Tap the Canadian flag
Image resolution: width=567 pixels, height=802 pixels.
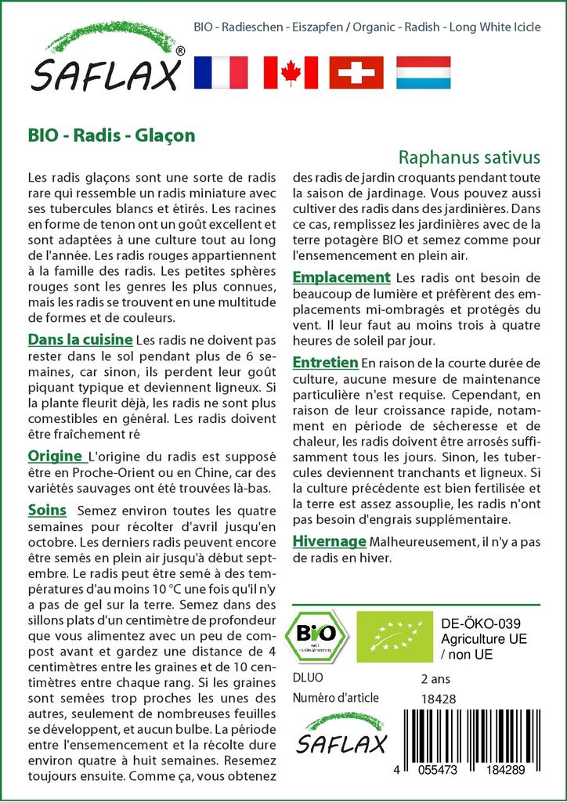pos(290,72)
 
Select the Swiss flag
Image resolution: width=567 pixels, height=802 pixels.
pos(356,72)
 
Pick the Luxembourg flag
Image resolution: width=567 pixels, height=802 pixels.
pos(424,72)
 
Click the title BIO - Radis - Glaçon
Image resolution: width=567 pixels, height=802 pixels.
pos(111,134)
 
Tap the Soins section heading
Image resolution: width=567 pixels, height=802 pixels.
pos(47,511)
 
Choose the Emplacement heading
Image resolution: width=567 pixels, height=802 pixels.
pos(341,277)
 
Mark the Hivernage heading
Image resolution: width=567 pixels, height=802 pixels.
pos(329,541)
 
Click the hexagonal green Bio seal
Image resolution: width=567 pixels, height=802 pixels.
pos(320,635)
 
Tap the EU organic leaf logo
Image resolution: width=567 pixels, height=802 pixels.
pos(388,636)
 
